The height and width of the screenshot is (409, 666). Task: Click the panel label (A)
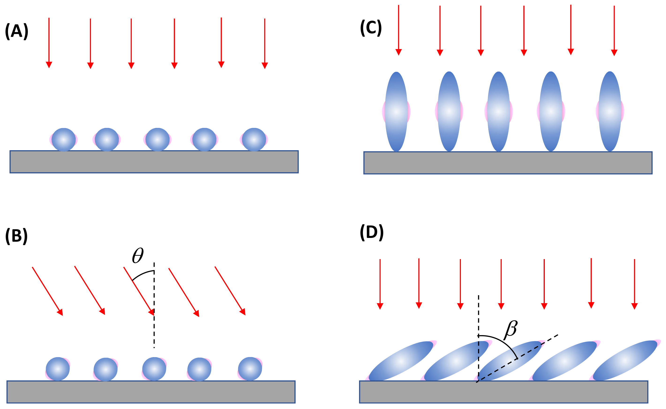pos(17,31)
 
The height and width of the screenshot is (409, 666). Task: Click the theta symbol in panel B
pos(138,255)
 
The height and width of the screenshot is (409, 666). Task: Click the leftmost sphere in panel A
pos(64,140)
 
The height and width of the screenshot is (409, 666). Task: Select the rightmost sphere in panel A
pos(254,140)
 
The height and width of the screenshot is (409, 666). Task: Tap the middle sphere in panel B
pos(154,369)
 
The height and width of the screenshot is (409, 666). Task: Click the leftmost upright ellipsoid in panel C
pos(396,111)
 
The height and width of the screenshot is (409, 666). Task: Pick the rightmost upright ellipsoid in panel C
pos(610,111)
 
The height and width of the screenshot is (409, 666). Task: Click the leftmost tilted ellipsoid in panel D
pos(401,361)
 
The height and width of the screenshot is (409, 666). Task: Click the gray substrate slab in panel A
pos(154,162)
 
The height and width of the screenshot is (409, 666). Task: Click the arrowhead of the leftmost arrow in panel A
pos(49,65)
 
